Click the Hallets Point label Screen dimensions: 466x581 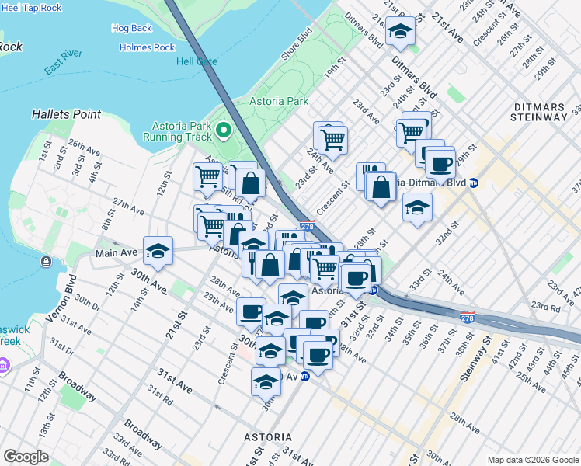tap(66, 114)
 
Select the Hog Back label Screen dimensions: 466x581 tap(131, 28)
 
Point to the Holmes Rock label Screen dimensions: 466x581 tap(147, 47)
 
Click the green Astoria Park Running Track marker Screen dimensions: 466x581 tap(224, 130)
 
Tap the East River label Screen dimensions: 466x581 tap(64, 68)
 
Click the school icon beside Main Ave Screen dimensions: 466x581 tap(158, 250)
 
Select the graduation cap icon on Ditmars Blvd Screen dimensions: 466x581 tap(401, 31)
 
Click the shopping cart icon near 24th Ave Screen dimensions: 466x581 tap(332, 140)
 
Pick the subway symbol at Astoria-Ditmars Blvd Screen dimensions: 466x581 tap(473, 183)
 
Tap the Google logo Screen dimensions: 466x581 tap(26, 457)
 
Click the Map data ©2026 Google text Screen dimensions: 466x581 tap(532, 459)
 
